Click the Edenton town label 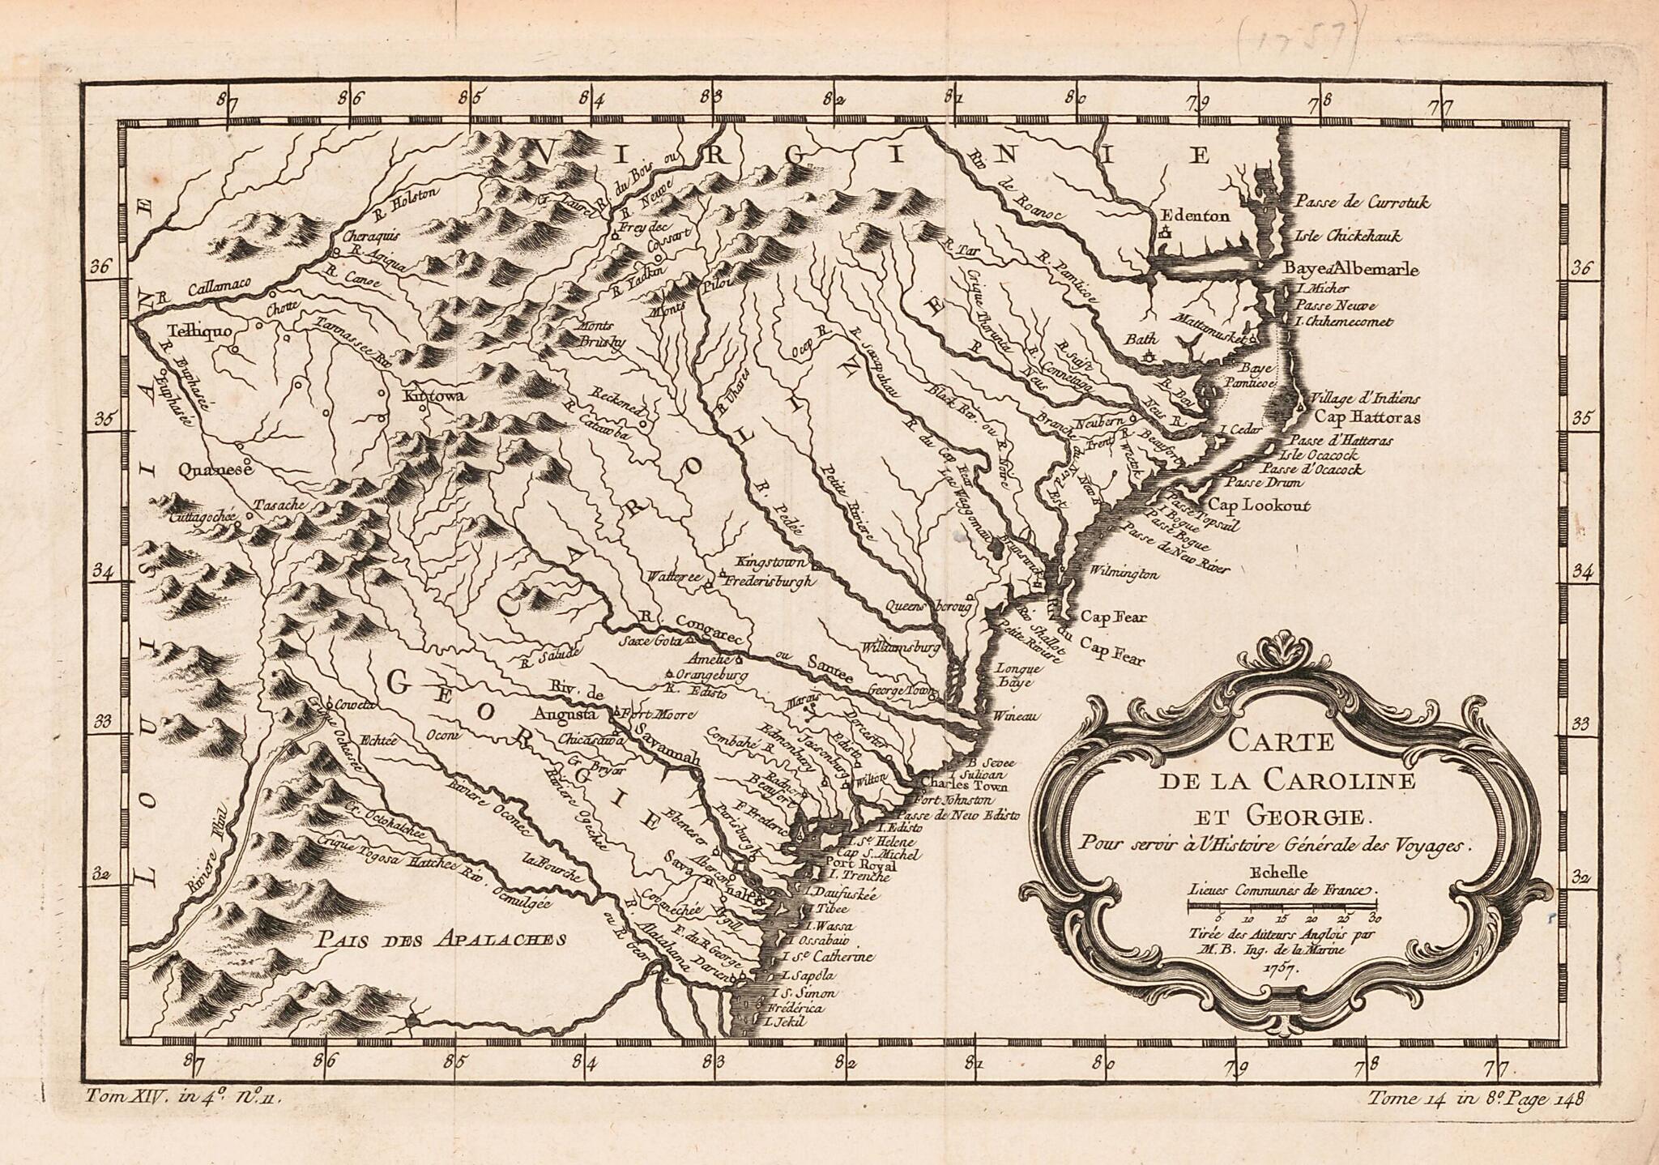tap(1195, 216)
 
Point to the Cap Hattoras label tap(1367, 418)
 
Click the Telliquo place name tap(199, 331)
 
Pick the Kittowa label tap(433, 396)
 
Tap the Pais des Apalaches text tap(440, 940)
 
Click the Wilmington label tap(1124, 574)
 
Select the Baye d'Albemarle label tap(1351, 270)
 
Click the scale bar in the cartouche tap(1282, 912)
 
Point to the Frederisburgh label tap(770, 582)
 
